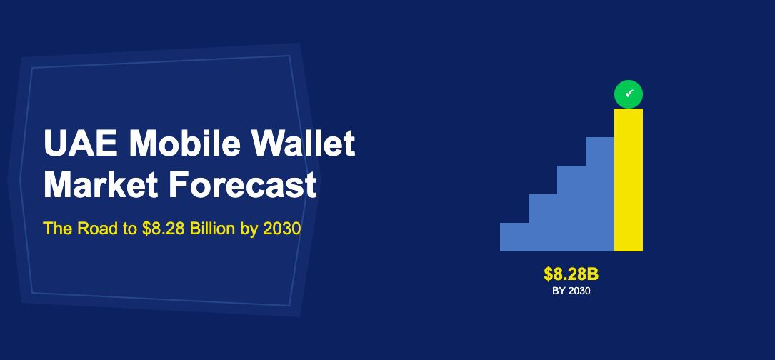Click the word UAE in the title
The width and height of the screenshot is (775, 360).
(81, 143)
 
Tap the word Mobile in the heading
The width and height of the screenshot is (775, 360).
(185, 143)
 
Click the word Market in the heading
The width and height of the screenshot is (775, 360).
(101, 184)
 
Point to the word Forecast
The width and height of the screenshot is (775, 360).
(242, 184)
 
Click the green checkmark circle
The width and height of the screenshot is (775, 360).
(629, 94)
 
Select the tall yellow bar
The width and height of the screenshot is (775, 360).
(629, 180)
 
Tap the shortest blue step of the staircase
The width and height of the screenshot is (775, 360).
(514, 237)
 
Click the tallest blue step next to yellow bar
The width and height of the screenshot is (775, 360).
(600, 194)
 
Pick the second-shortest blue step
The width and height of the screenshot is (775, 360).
(543, 223)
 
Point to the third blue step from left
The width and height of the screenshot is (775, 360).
(571, 208)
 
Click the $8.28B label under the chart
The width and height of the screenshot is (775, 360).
(571, 274)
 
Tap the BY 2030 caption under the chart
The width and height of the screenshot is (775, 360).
(571, 291)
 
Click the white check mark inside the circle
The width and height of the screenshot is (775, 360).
(629, 93)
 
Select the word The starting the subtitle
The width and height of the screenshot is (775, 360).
(58, 229)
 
